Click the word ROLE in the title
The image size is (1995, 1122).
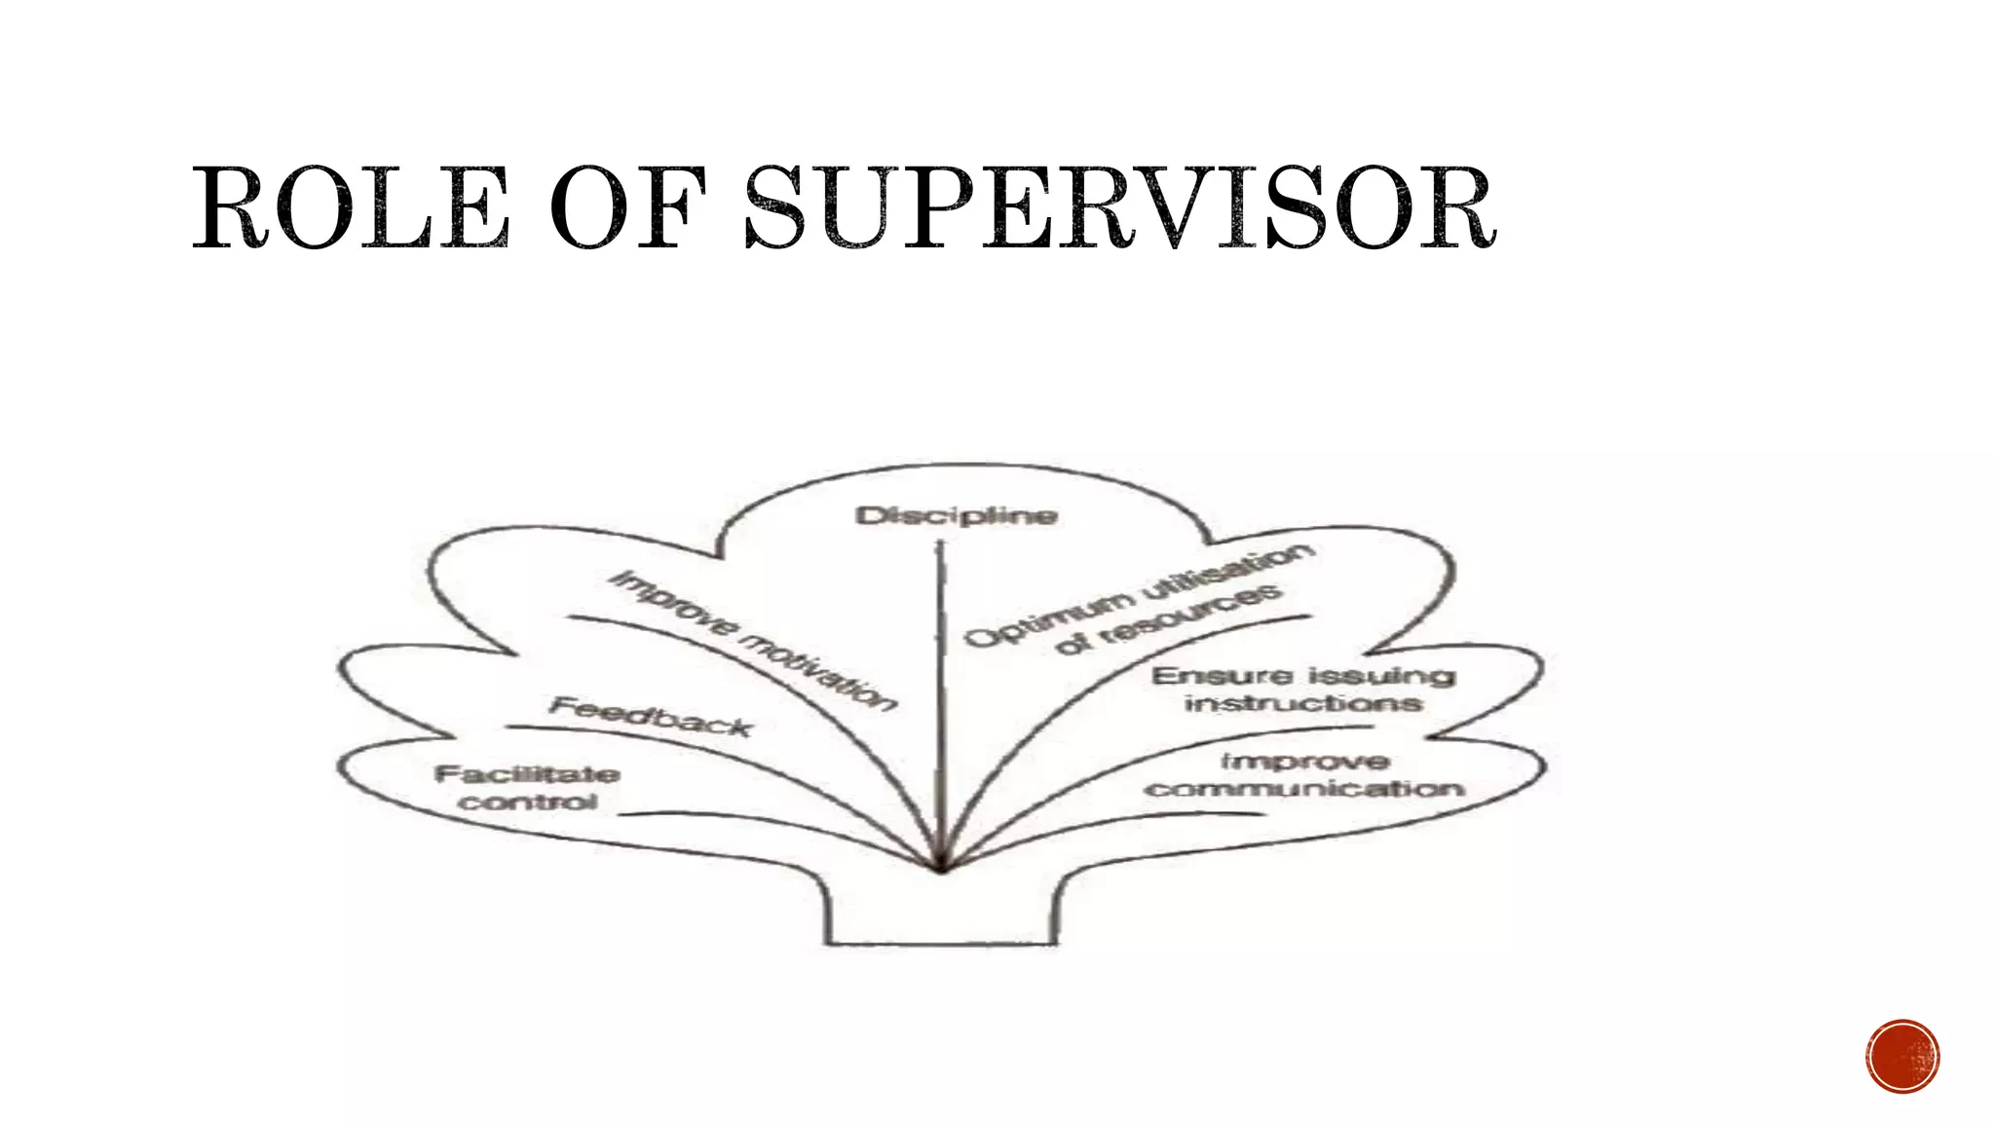coord(349,208)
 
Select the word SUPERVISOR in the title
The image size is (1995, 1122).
coord(1119,208)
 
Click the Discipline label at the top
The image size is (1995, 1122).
coord(956,515)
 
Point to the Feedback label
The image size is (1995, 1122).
coord(650,717)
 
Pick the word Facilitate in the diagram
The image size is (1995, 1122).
coord(527,774)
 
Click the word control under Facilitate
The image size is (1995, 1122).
coord(527,803)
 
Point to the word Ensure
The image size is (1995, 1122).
coord(1223,676)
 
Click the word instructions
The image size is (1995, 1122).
coord(1303,703)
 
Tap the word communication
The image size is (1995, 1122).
coord(1303,788)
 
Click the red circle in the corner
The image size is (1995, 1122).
coord(1902,1057)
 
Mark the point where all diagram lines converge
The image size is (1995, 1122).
coord(941,868)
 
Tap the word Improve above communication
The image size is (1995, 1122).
coord(1304,761)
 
